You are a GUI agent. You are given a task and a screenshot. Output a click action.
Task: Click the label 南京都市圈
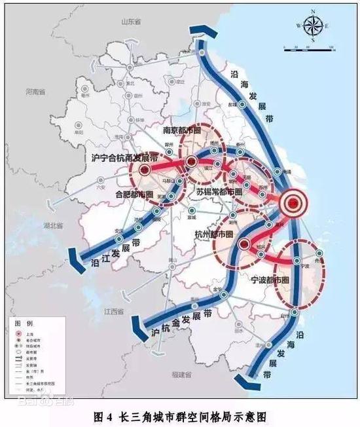point(188,130)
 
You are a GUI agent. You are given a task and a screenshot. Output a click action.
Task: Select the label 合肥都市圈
point(134,195)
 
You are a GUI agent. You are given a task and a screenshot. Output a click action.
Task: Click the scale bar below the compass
point(310,48)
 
